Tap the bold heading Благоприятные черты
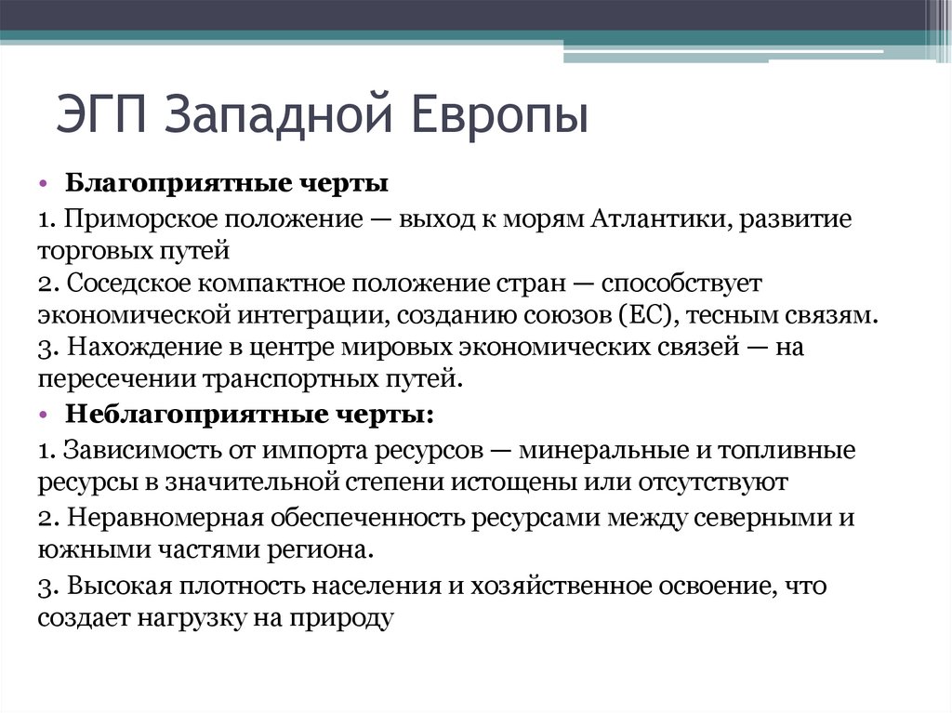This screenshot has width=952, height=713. pyautogui.click(x=226, y=184)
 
